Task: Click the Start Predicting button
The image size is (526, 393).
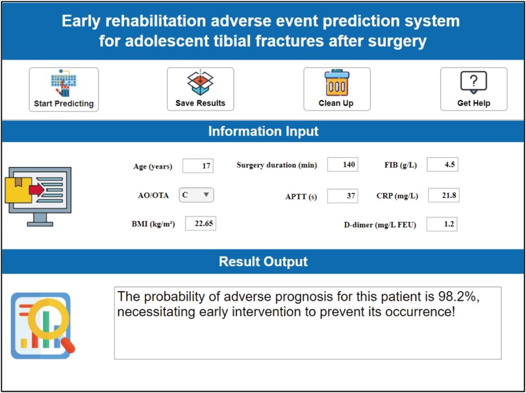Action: pos(64,89)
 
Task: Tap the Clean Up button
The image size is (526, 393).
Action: pos(337,89)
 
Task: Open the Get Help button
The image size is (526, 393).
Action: pos(473,89)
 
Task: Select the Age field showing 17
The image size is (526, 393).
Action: pos(198,166)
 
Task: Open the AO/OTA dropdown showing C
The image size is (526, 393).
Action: pos(196,195)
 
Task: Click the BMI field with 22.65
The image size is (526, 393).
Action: pos(201,223)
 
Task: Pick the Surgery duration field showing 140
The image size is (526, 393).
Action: pos(342,164)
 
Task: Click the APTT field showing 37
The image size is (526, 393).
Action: pos(342,196)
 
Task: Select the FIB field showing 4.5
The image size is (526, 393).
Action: pos(442,164)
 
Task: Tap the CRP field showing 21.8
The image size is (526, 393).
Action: pos(444,196)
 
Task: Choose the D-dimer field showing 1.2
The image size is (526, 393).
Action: pos(442,224)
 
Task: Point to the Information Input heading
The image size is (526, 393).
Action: pos(264,131)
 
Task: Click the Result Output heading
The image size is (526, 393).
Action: pos(264,262)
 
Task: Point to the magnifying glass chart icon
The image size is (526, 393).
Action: pos(43,325)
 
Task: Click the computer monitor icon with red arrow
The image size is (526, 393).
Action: pos(38,196)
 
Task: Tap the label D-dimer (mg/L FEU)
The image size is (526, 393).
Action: pos(378,225)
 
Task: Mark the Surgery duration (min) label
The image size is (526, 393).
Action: pos(277,166)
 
